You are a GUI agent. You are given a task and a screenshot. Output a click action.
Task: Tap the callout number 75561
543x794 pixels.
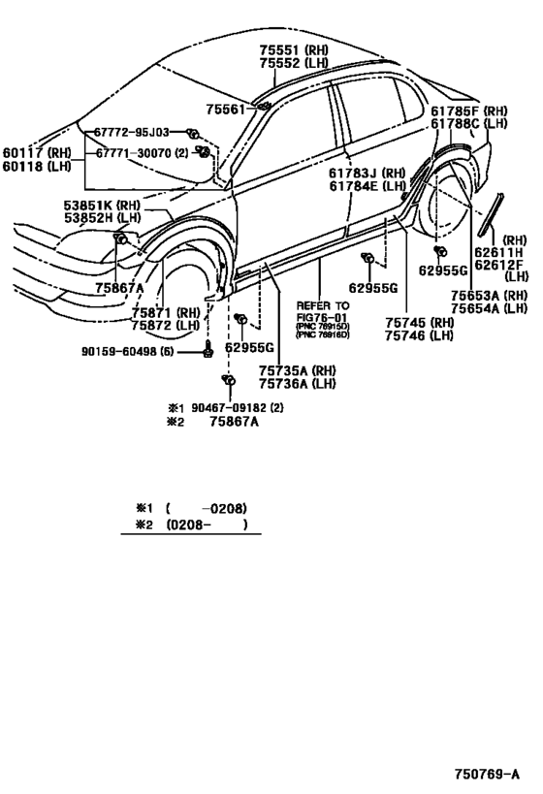click(x=226, y=110)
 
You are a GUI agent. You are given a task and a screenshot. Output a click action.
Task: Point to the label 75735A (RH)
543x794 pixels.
click(x=297, y=368)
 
